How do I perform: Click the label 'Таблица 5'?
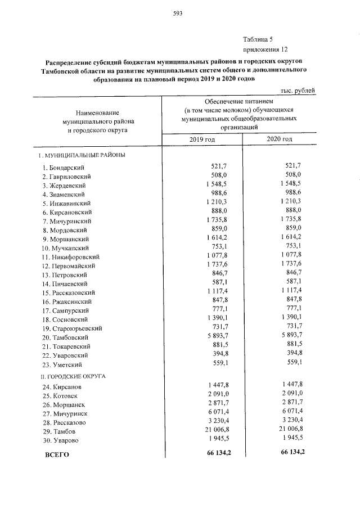pyautogui.click(x=257, y=39)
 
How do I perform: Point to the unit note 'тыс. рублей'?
pyautogui.click(x=298, y=91)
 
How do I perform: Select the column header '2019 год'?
pyautogui.click(x=202, y=139)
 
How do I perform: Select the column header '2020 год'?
pyautogui.click(x=280, y=139)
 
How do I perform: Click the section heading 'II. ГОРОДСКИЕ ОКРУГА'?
pyautogui.click(x=75, y=376)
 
